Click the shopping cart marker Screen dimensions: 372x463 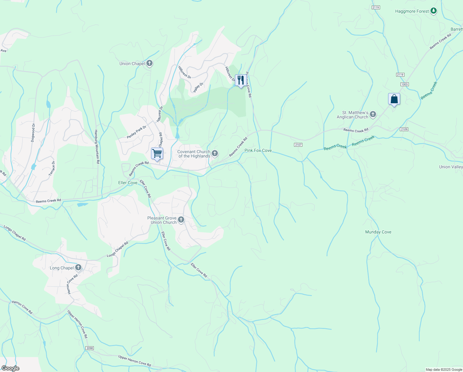click(157, 153)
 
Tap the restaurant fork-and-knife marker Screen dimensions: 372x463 click(240, 80)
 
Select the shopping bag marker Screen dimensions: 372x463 click(394, 99)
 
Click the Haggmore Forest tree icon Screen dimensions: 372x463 click(434, 11)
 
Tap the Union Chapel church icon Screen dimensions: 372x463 click(149, 64)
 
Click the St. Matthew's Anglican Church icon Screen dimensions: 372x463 click(373, 115)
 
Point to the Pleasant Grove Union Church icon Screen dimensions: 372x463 click(181, 220)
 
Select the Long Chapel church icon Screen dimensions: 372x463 click(78, 268)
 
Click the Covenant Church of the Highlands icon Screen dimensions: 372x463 click(214, 154)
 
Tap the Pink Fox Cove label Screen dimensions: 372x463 click(258, 150)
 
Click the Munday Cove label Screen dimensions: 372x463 click(378, 232)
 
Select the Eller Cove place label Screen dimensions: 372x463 click(128, 183)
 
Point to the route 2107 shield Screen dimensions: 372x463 click(298, 145)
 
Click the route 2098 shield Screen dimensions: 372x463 click(89, 348)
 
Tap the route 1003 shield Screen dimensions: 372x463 click(404, 84)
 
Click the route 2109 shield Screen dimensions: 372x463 click(404, 129)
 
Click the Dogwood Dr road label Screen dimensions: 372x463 click(33, 133)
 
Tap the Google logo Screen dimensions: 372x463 click(10, 368)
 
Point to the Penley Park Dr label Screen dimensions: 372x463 click(136, 132)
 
